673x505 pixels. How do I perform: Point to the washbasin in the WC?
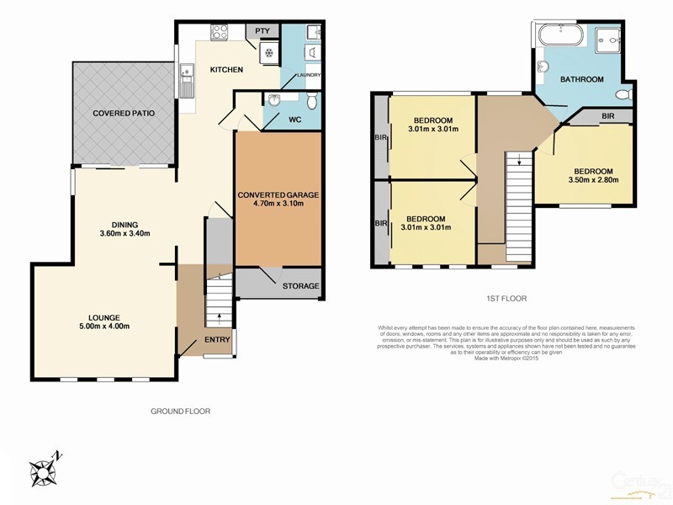pyautogui.click(x=273, y=101)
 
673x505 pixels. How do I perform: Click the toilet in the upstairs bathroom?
pyautogui.click(x=623, y=95)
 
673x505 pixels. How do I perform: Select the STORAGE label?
pyautogui.click(x=300, y=286)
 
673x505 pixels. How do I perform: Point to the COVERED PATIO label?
pyautogui.click(x=122, y=112)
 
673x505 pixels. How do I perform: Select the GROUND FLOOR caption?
pyautogui.click(x=180, y=412)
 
